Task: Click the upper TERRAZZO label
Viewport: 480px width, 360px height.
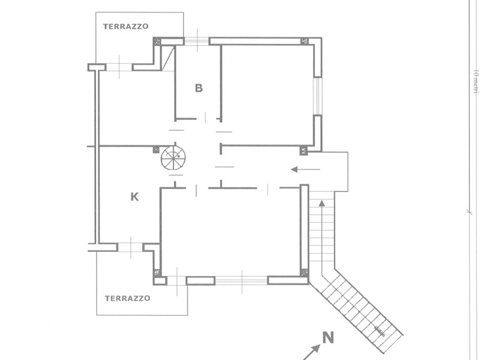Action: tap(125, 26)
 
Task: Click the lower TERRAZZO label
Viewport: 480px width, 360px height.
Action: tap(127, 298)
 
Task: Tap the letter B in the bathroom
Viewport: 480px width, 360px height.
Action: tap(199, 88)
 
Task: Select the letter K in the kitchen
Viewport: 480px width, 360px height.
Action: tap(134, 196)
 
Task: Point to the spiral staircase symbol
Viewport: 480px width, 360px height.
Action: tap(173, 158)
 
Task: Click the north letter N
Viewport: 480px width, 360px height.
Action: tap(328, 338)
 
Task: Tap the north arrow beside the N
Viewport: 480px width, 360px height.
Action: tap(311, 351)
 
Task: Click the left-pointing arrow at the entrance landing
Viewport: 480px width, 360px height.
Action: tap(305, 170)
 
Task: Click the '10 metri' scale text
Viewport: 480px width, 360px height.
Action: tap(475, 81)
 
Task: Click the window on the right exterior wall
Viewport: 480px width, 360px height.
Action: tap(318, 96)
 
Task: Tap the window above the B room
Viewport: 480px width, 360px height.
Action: tap(196, 41)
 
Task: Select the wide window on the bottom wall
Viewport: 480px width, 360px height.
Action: tap(241, 280)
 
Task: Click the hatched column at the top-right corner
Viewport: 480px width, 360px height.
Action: tap(305, 41)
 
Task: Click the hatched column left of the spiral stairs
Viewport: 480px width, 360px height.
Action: tap(156, 149)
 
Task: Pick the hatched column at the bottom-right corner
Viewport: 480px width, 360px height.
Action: tap(304, 273)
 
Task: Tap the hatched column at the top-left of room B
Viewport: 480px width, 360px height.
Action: tap(157, 42)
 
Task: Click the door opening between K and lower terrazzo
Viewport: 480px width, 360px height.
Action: tap(130, 247)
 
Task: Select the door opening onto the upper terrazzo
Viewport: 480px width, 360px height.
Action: tap(119, 67)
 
